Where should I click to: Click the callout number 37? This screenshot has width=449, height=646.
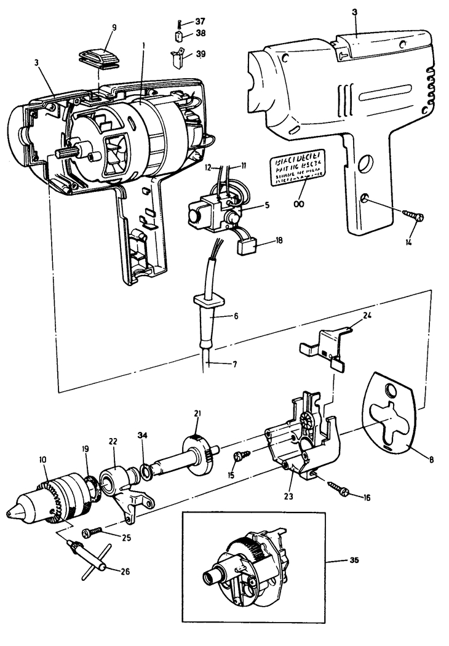(200, 22)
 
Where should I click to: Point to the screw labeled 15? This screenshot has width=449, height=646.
(242, 456)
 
